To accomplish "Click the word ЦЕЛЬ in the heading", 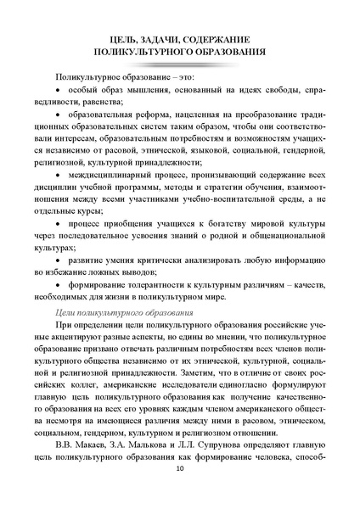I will pos(127,40).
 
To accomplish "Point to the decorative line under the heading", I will pos(179,64).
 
